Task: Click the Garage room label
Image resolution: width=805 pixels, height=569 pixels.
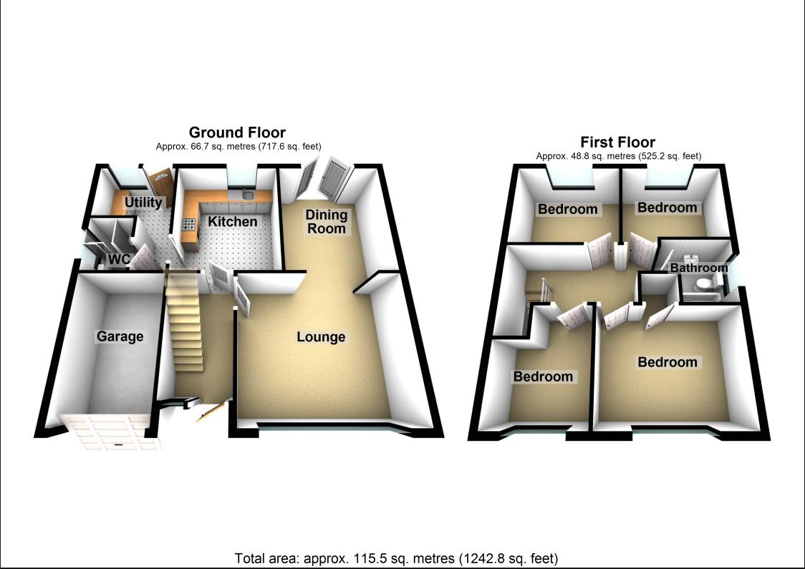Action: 120,336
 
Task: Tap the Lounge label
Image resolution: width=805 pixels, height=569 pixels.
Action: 321,337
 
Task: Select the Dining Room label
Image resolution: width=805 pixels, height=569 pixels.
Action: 327,221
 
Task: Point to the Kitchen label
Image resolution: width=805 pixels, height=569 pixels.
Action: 233,222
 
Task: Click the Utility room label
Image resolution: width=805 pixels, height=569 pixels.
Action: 144,203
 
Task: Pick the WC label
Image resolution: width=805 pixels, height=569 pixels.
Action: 117,259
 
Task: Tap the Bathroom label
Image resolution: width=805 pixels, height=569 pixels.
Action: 698,268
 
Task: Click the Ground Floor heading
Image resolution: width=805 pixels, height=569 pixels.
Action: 237,132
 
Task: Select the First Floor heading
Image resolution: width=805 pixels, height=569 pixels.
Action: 617,142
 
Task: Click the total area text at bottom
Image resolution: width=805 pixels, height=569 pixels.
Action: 396,558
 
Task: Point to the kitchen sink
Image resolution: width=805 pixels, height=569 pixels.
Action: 246,194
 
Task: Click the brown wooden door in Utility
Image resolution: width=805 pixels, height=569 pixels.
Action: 159,180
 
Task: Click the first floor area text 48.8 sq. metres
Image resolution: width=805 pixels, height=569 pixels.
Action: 618,155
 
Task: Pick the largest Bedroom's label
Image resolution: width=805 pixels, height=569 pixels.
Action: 667,362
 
